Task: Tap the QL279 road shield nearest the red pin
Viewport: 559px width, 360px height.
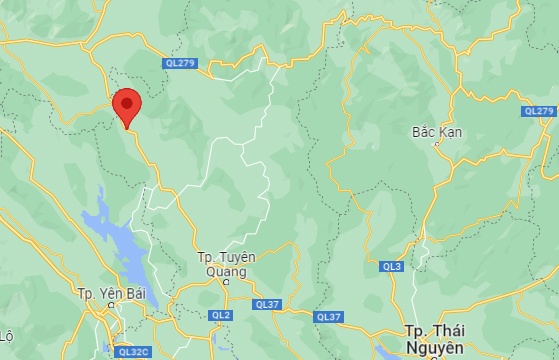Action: pyautogui.click(x=180, y=64)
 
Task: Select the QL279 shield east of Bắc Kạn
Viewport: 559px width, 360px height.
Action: pyautogui.click(x=539, y=111)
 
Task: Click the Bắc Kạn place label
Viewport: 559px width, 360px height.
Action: pyautogui.click(x=435, y=131)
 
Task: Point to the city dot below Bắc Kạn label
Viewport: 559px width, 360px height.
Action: pyautogui.click(x=435, y=144)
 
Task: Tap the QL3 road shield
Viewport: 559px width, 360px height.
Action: pyautogui.click(x=391, y=267)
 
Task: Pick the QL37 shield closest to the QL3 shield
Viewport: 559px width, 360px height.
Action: pyautogui.click(x=328, y=317)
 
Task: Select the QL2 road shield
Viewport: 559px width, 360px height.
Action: pyautogui.click(x=221, y=315)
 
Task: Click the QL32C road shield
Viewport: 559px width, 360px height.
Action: pyautogui.click(x=133, y=351)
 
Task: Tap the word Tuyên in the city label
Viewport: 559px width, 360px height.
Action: pyautogui.click(x=237, y=257)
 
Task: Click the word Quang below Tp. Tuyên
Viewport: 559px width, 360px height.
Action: pyautogui.click(x=225, y=270)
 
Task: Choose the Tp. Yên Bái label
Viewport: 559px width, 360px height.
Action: pyautogui.click(x=112, y=294)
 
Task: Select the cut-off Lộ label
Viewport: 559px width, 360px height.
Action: pyautogui.click(x=6, y=335)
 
